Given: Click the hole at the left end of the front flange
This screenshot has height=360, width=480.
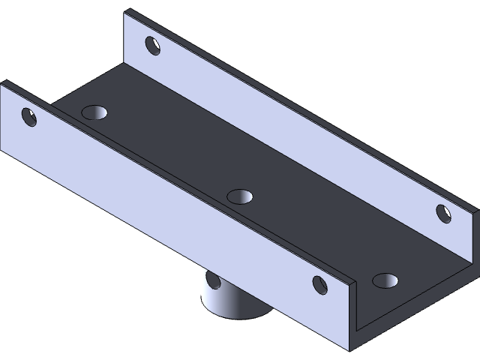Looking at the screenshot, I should [x=29, y=117].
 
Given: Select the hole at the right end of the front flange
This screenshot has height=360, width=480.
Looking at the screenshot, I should [x=320, y=284].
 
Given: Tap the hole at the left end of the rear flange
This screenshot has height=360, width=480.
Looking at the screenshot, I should [x=153, y=46].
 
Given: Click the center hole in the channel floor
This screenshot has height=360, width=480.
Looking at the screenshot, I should [x=240, y=196].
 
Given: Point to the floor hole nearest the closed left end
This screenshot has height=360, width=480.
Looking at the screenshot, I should [x=95, y=113].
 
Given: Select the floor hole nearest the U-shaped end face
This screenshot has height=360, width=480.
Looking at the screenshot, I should [x=385, y=280].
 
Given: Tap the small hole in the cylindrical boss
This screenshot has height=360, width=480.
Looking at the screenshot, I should [x=213, y=281].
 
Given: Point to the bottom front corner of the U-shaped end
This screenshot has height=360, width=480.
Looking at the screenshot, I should [x=351, y=349].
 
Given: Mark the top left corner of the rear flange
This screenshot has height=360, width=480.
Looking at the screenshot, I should [x=126, y=10].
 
